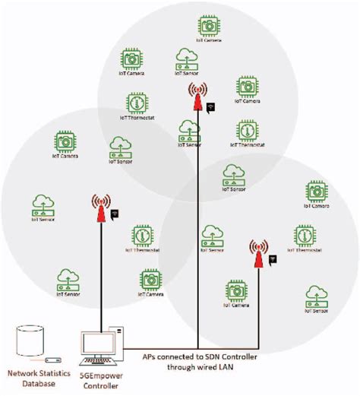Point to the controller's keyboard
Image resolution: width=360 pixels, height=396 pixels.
coord(98,360)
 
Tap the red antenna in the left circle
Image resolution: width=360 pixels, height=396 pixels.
coord(100,211)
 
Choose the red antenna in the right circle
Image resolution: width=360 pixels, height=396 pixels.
coord(259,255)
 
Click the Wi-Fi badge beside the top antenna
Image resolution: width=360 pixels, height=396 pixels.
coord(211,108)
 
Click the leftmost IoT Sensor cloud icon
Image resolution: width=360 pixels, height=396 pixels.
coord(43,204)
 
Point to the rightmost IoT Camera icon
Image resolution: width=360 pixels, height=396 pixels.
coord(317,191)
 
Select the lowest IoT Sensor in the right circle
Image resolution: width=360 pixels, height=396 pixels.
coord(316,296)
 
